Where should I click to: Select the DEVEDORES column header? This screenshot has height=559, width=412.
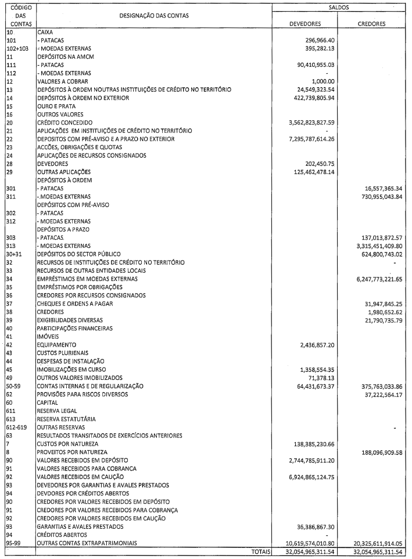click(306, 24)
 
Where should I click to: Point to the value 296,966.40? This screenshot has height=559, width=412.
click(317, 41)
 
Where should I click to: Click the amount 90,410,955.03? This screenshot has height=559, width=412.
click(313, 66)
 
